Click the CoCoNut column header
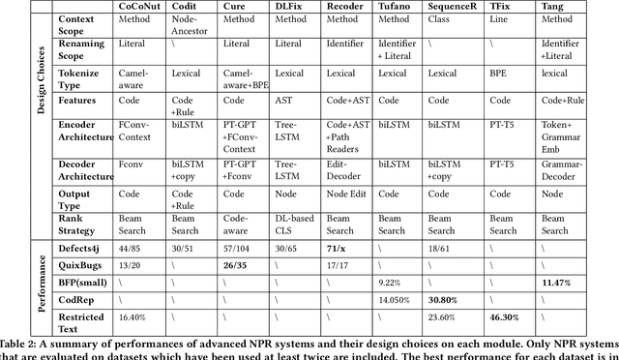pyautogui.click(x=142, y=6)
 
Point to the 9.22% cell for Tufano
pyautogui.click(x=392, y=282)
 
